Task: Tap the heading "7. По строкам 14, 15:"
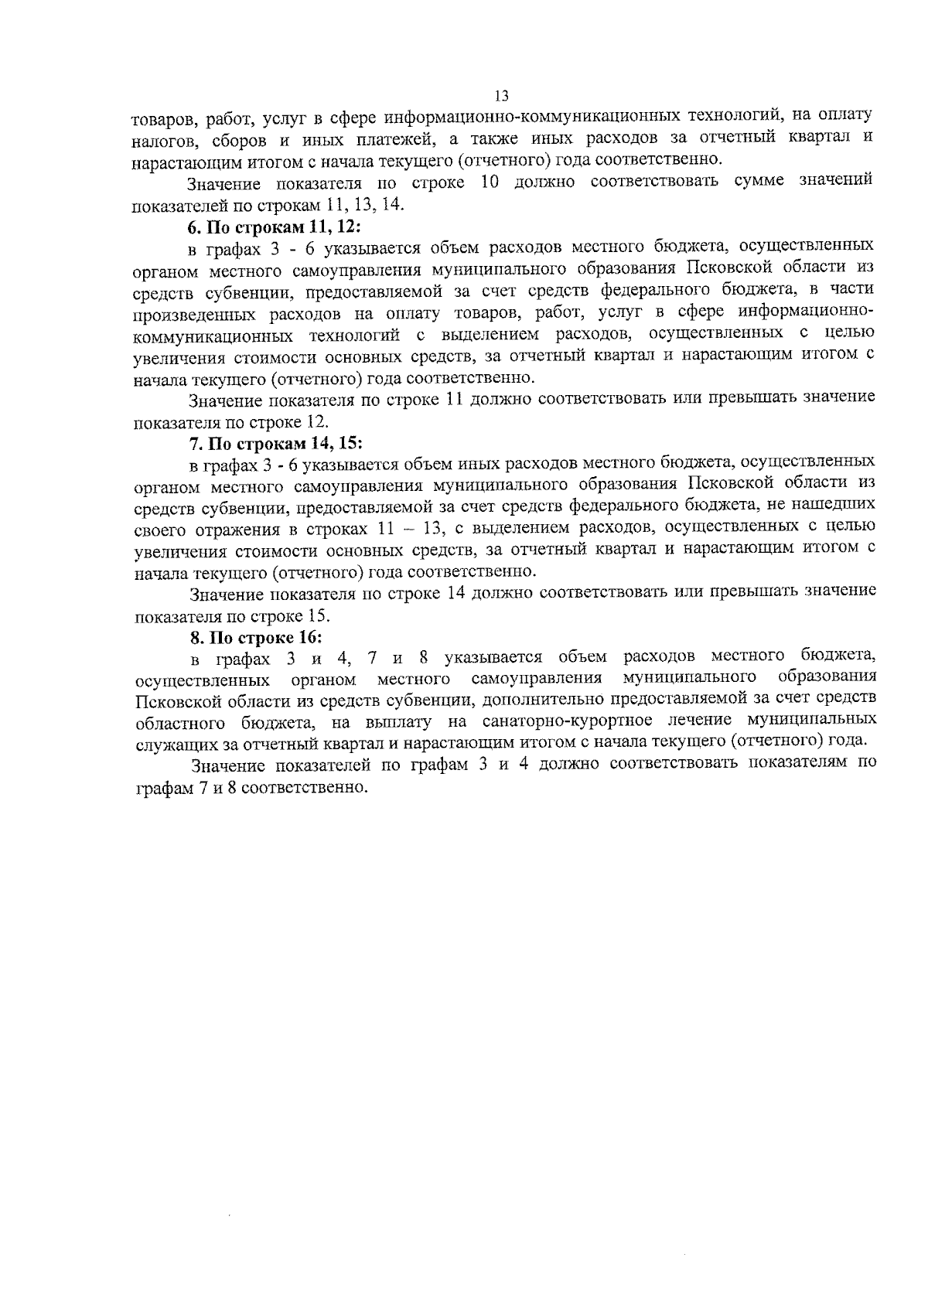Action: point(275,444)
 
